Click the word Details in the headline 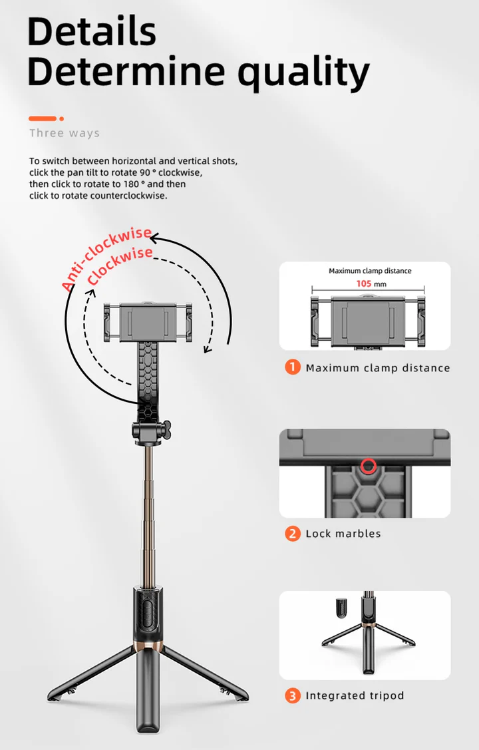(92, 31)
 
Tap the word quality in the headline (303, 73)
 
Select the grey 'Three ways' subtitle (65, 133)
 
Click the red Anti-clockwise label (106, 258)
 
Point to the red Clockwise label (120, 266)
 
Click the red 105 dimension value (364, 283)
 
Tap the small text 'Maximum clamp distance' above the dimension (370, 271)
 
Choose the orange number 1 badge (293, 367)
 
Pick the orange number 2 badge (293, 533)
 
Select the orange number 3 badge (293, 695)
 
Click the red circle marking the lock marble (368, 465)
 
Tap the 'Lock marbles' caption (343, 533)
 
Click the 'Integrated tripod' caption (355, 695)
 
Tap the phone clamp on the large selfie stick (148, 322)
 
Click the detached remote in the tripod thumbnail (342, 608)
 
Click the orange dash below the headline (43, 118)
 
